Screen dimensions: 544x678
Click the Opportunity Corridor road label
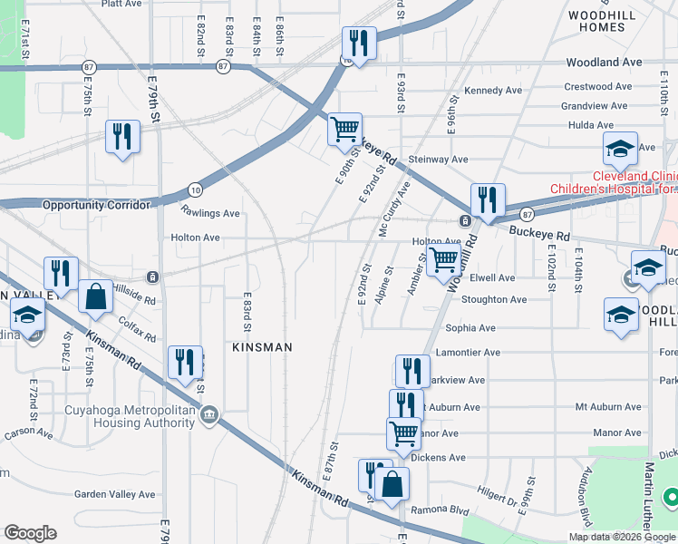pyautogui.click(x=95, y=205)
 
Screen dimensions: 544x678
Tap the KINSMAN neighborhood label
pyautogui.click(x=262, y=347)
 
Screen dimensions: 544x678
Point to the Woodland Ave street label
pyautogui.click(x=604, y=63)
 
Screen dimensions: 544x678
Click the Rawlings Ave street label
pyautogui.click(x=209, y=214)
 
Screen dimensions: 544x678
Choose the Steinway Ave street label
pyautogui.click(x=438, y=160)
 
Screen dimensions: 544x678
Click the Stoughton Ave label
pyautogui.click(x=494, y=299)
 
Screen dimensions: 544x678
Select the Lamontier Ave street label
pyautogui.click(x=468, y=353)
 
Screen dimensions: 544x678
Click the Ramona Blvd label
pyautogui.click(x=440, y=510)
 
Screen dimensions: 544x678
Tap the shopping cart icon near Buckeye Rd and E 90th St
pyautogui.click(x=344, y=130)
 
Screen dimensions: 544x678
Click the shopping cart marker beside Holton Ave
pyautogui.click(x=443, y=258)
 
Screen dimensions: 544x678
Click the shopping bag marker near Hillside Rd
pyautogui.click(x=95, y=296)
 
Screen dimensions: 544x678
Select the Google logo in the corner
pyautogui.click(x=30, y=533)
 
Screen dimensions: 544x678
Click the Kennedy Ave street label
pyautogui.click(x=493, y=91)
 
